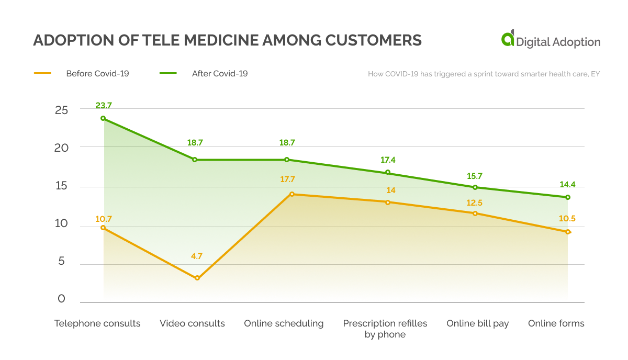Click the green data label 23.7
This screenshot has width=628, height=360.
click(x=104, y=106)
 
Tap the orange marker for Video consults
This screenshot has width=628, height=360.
click(x=197, y=278)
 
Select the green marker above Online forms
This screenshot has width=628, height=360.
click(x=568, y=197)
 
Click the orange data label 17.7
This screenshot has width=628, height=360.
click(x=287, y=179)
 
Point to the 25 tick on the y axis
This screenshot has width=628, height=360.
click(x=62, y=110)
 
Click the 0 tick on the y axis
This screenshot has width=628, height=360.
click(x=62, y=299)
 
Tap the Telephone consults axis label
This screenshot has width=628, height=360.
click(x=97, y=323)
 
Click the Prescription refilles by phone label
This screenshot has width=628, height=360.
click(x=385, y=329)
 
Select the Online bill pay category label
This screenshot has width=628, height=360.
click(x=477, y=323)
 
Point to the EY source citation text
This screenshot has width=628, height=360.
click(x=484, y=74)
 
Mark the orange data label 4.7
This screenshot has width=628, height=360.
click(x=196, y=256)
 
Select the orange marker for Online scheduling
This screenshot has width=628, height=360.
click(x=292, y=194)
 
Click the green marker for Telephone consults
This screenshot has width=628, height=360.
click(x=103, y=118)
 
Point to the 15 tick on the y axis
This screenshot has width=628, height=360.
click(x=62, y=186)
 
